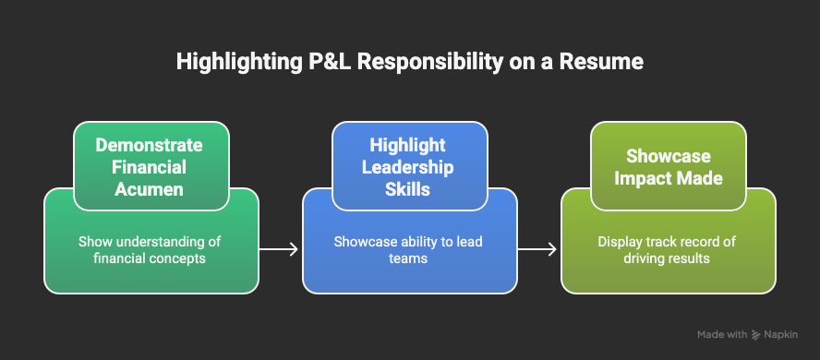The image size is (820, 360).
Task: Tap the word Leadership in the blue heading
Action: click(409, 166)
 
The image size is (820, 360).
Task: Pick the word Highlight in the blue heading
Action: click(409, 146)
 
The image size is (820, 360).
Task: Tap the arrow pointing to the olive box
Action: click(538, 249)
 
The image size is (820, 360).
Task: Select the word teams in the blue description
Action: click(409, 259)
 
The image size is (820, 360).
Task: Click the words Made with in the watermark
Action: click(722, 334)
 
